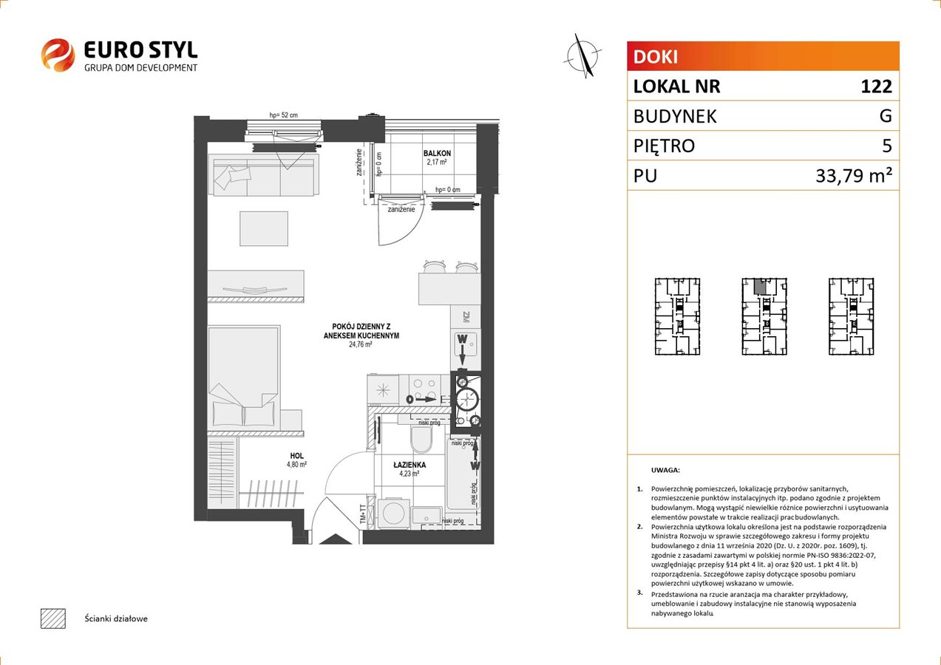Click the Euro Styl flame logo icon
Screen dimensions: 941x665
[58, 55]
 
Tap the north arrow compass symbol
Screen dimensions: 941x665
[582, 56]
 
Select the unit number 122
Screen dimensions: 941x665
[876, 86]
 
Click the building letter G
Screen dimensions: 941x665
[886, 116]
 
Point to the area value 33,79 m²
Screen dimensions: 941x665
[854, 176]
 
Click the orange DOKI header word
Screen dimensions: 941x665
[656, 57]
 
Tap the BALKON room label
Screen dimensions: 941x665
[437, 154]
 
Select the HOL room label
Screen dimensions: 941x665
[296, 455]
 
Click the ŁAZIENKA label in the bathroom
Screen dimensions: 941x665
[410, 465]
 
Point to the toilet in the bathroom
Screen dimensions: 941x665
[421, 440]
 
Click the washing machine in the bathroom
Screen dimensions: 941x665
[394, 512]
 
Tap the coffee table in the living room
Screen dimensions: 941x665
[264, 228]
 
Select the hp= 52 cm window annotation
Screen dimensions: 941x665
[284, 115]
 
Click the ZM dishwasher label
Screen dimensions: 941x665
[466, 317]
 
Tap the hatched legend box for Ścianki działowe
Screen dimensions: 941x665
[53, 618]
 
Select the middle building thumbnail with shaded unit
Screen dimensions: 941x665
[764, 316]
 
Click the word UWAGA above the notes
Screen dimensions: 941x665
[665, 470]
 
